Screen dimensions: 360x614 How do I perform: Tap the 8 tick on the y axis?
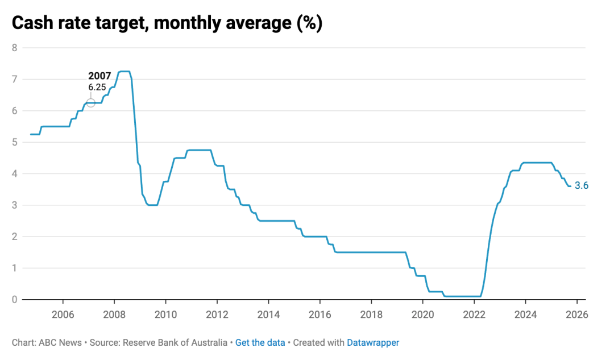click(15, 48)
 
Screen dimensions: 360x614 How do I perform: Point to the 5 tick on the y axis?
click(15, 142)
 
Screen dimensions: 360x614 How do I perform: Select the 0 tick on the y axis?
click(15, 299)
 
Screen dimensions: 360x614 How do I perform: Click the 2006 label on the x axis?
click(63, 314)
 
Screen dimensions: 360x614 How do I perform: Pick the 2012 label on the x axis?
click(217, 314)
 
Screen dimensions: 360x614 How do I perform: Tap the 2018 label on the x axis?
click(371, 314)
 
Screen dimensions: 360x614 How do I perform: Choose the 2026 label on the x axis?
click(577, 314)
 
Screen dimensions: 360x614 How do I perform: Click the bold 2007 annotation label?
click(99, 76)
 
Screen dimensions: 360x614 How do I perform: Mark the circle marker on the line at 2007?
click(90, 102)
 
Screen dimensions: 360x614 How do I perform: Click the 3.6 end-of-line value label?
click(582, 185)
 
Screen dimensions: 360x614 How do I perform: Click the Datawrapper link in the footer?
click(373, 343)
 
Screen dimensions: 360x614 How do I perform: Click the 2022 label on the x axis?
click(474, 314)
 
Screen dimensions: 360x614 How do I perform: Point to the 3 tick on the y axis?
click(15, 205)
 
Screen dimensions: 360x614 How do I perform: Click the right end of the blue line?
click(570, 185)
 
